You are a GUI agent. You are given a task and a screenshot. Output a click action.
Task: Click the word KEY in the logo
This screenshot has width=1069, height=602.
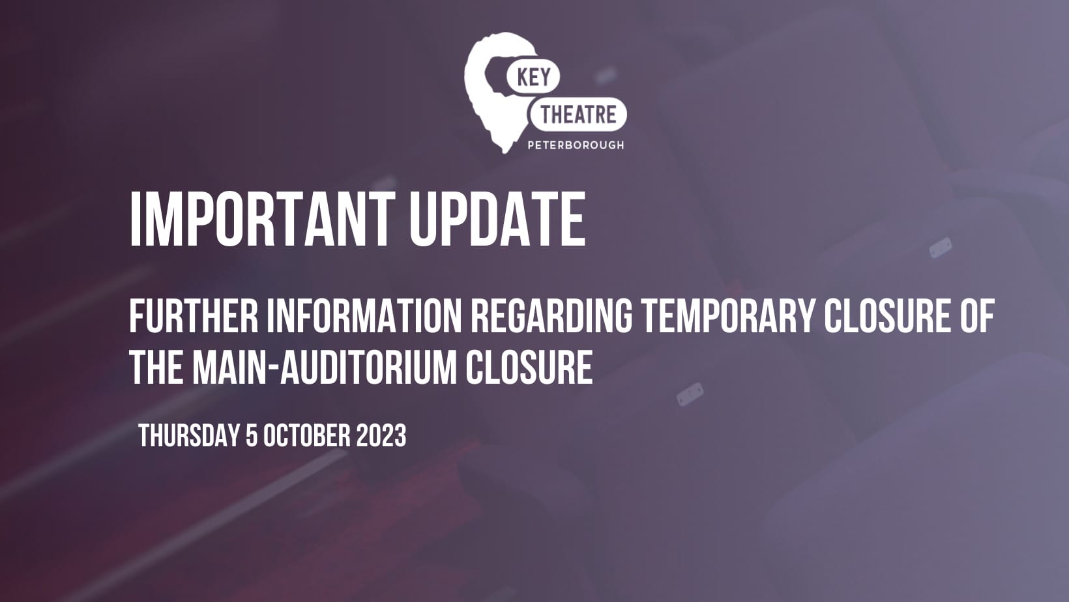534,77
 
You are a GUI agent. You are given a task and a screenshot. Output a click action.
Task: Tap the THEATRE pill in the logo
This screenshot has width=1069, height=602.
578,115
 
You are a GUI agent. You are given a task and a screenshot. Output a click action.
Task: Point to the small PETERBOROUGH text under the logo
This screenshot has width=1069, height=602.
576,145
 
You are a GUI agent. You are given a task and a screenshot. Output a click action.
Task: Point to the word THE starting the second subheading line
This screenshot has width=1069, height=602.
156,367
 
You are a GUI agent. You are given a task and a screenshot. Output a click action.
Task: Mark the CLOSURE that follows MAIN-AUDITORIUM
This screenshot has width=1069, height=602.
529,367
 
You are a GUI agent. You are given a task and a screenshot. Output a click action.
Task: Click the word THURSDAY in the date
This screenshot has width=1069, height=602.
188,435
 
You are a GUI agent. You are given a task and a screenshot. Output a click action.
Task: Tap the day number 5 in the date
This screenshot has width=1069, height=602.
251,435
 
